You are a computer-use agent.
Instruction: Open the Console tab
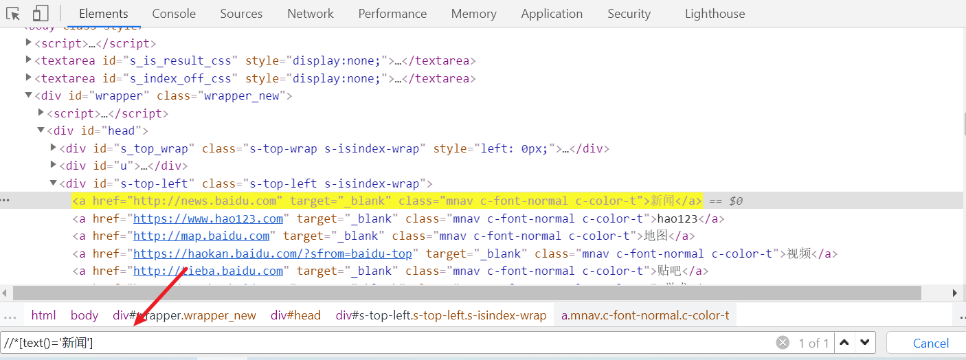point(174,14)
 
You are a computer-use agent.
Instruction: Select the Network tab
point(311,14)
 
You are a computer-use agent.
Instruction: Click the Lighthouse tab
point(715,14)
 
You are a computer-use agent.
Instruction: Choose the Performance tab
point(392,14)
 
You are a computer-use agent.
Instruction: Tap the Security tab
point(629,14)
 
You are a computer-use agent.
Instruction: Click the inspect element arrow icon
point(13,13)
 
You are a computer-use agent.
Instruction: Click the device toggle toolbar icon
point(41,13)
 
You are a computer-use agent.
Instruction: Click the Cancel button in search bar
point(930,343)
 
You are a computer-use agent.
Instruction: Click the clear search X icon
point(783,343)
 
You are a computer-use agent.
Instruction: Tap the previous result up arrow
point(844,342)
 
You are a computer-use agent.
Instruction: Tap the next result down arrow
point(865,342)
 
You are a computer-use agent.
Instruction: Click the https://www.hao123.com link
point(208,218)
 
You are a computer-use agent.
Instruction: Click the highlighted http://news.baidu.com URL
point(208,201)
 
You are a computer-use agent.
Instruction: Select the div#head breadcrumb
point(295,315)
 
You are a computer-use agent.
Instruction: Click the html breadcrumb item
point(43,315)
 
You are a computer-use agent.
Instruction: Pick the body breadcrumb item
point(85,315)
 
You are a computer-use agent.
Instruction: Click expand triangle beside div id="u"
point(54,166)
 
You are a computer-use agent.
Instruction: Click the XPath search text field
point(412,343)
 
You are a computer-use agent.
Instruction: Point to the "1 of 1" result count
point(813,343)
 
